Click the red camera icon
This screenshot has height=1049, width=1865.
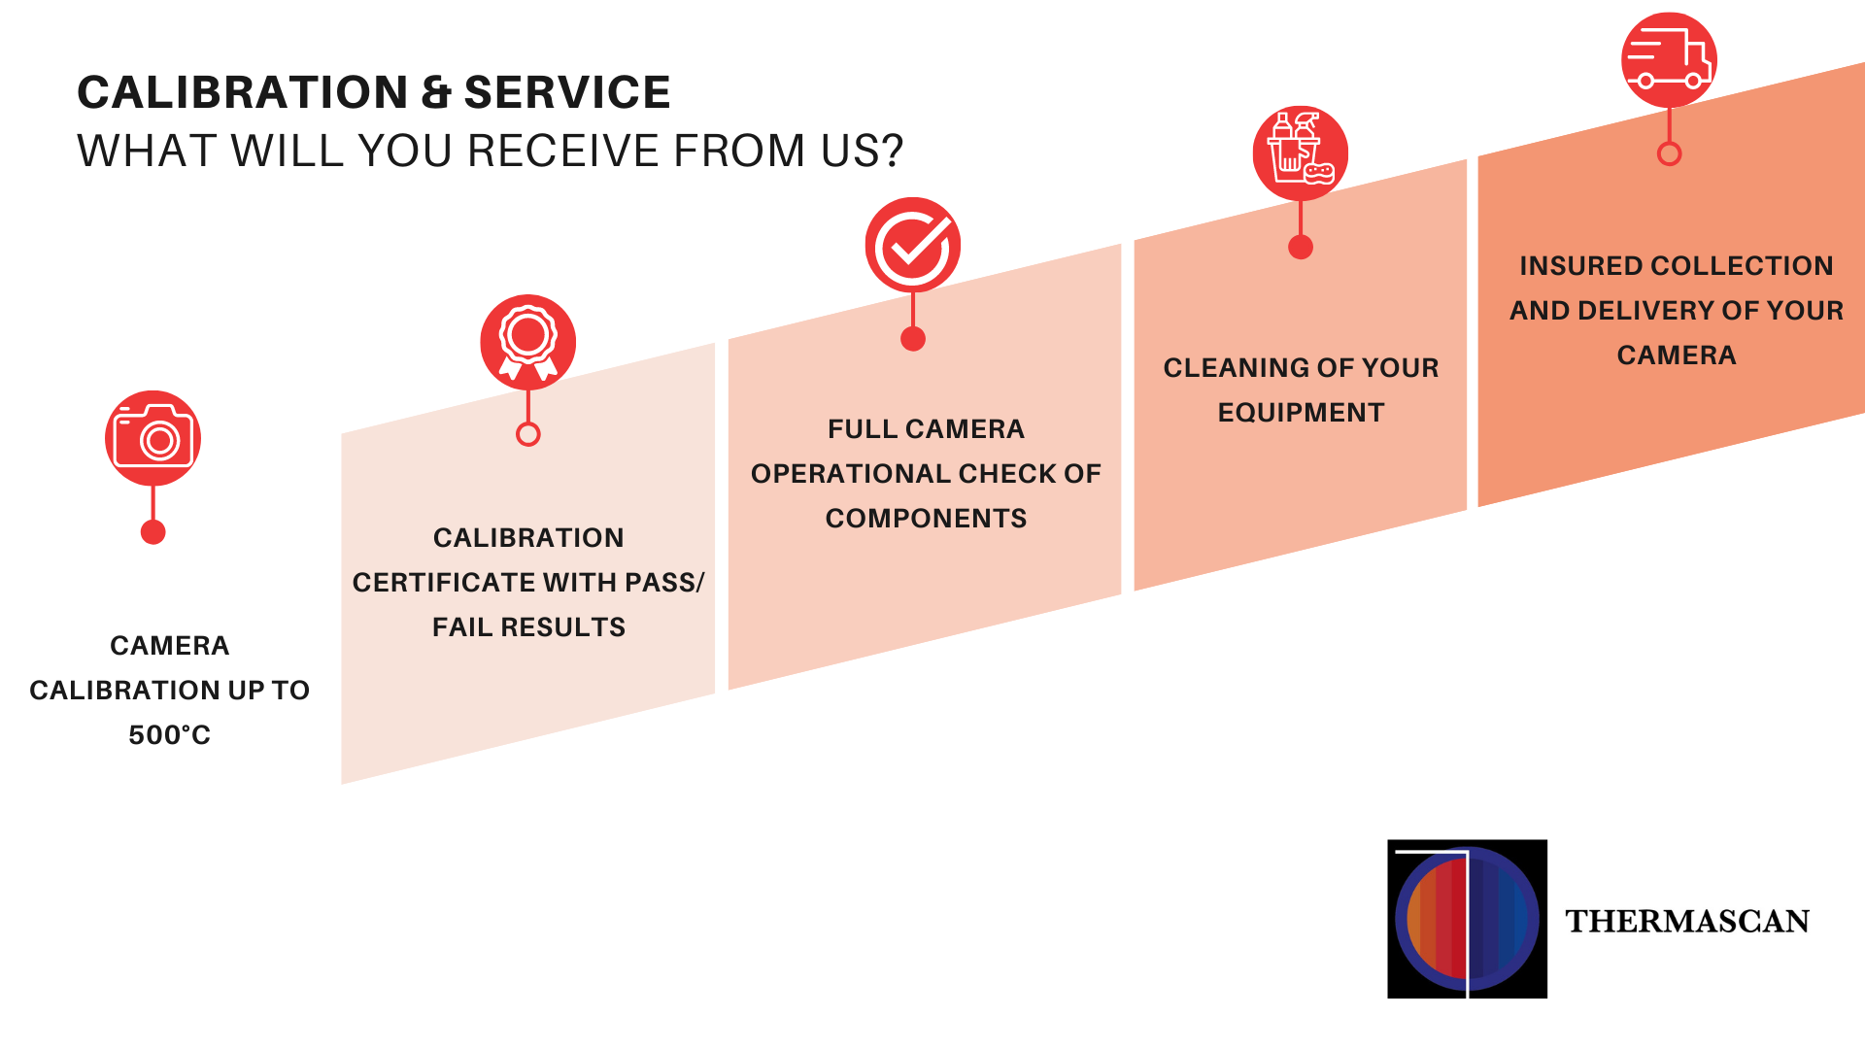[153, 439]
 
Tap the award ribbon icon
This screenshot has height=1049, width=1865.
[527, 342]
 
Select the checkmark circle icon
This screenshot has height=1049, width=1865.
[912, 245]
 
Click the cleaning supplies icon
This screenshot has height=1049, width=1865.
[1300, 153]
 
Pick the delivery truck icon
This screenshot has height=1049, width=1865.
[1669, 59]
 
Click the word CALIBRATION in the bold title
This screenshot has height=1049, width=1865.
[242, 93]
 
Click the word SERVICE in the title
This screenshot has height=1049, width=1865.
[567, 93]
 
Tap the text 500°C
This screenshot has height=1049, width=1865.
[169, 735]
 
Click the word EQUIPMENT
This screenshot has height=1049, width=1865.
[1301, 413]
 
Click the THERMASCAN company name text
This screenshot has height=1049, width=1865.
[1687, 921]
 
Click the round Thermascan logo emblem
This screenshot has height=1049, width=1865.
[1467, 919]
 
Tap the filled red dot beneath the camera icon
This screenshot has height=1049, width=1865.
[153, 532]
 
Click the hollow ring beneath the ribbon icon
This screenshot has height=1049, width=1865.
[527, 434]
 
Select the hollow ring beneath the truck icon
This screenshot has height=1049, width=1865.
[1669, 153]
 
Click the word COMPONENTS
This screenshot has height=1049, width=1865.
[926, 519]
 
